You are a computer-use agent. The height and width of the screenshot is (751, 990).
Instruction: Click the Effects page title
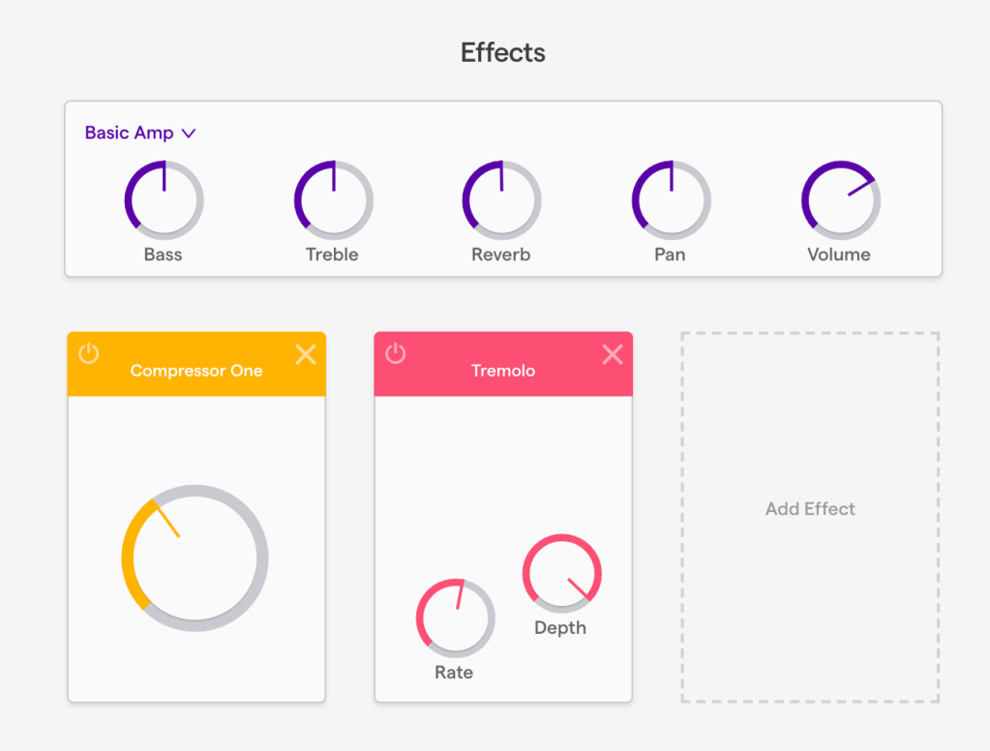tap(502, 52)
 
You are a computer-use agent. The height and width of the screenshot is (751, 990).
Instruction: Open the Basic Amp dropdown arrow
tap(189, 134)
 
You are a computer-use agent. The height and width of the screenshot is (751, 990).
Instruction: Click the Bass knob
tap(164, 199)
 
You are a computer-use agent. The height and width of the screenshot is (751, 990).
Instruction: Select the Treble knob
tap(333, 199)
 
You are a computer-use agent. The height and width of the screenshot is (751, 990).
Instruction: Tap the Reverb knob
tap(501, 199)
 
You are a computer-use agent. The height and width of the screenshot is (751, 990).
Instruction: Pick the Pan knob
tap(671, 199)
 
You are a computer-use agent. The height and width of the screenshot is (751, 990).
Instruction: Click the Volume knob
tap(840, 199)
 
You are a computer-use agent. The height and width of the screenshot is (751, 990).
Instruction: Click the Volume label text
tap(839, 255)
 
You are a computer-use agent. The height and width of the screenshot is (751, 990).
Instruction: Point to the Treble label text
tap(332, 255)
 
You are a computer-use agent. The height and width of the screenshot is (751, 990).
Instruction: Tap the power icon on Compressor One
tap(89, 353)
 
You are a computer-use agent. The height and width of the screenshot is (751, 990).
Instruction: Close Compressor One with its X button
tap(305, 354)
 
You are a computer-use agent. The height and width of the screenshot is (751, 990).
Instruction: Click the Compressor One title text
tap(196, 371)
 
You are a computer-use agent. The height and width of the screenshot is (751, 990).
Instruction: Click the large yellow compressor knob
tap(195, 558)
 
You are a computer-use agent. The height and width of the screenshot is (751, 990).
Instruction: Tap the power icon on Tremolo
tap(396, 353)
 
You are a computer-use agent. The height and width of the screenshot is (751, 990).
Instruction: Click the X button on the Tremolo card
tap(612, 354)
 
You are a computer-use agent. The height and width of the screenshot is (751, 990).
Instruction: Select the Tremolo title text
tap(503, 371)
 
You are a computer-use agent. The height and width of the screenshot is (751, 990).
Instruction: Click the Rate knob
tap(455, 617)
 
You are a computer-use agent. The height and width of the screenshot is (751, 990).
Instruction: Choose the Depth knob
tap(561, 573)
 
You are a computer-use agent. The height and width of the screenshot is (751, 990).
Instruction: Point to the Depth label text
tap(560, 628)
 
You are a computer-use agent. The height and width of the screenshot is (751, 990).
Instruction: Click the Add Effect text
tap(810, 509)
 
